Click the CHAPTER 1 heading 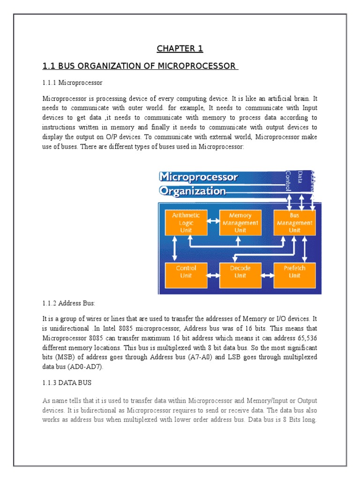click(x=180, y=49)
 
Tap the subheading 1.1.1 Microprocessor click(x=72, y=83)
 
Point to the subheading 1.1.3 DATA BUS click(x=67, y=383)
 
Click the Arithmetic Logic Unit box click(x=186, y=223)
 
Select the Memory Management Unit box click(x=240, y=223)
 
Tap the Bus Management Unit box click(x=294, y=223)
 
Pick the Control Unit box click(x=186, y=272)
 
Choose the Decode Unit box click(x=240, y=272)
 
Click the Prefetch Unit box click(x=294, y=272)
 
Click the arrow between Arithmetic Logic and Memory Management click(x=213, y=220)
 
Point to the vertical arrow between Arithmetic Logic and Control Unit click(x=175, y=248)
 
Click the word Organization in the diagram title click(x=193, y=191)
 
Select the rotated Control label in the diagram click(x=288, y=181)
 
